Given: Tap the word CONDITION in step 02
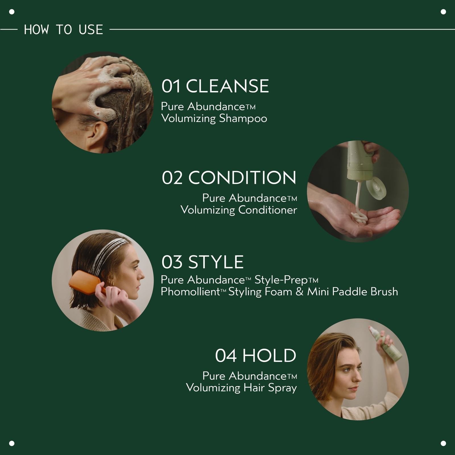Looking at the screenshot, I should click(242, 178).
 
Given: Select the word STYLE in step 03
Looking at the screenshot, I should click(216, 262).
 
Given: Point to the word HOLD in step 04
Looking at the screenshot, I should click(269, 356).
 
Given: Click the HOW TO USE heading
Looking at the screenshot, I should click(63, 30).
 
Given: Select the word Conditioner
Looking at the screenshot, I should click(267, 210).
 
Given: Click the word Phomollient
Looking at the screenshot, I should click(191, 292).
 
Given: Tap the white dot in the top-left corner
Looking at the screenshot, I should click(12, 12).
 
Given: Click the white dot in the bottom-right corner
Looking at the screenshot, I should click(443, 443).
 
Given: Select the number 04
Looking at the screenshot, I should click(226, 356).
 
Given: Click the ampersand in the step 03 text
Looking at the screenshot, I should click(299, 292).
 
